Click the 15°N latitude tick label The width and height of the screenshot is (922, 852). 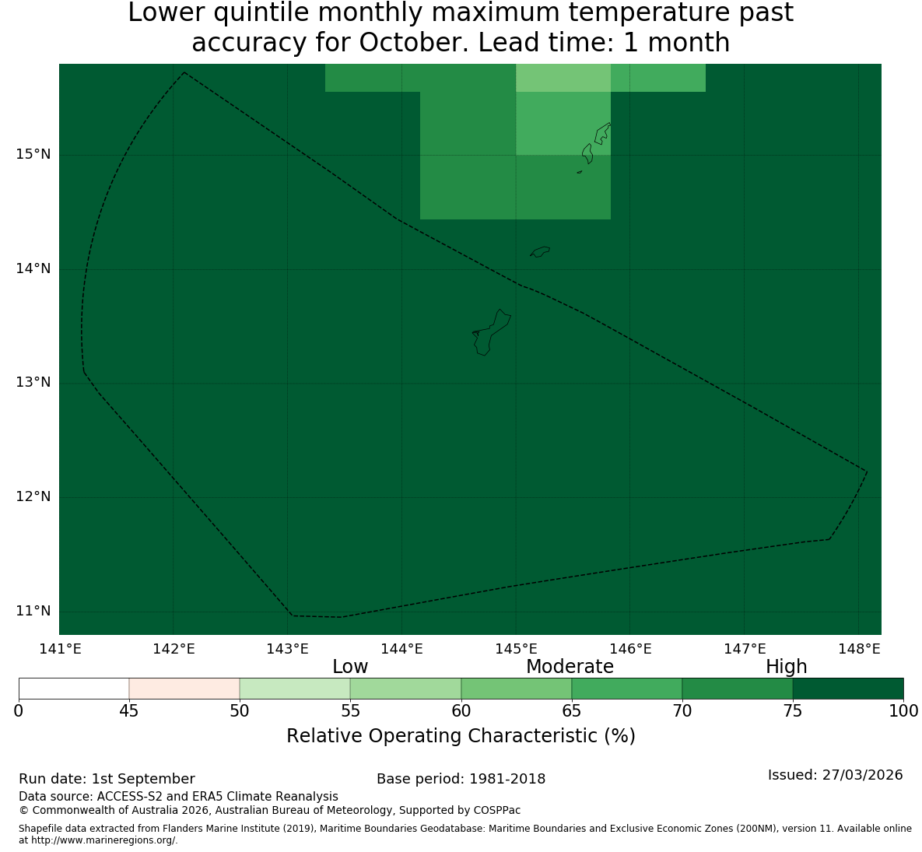[33, 155]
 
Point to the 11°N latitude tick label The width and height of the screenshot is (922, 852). [33, 611]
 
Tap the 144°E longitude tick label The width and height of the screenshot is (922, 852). [401, 649]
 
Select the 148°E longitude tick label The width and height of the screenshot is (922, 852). [859, 649]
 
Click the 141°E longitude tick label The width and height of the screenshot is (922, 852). [59, 649]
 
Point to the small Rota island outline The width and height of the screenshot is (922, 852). [540, 251]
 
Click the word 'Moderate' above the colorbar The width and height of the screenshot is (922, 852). [570, 667]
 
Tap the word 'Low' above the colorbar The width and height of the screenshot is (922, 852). [350, 667]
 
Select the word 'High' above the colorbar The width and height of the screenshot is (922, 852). [786, 667]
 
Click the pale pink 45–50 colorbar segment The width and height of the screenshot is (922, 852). [184, 689]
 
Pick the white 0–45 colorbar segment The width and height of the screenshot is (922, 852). [74, 689]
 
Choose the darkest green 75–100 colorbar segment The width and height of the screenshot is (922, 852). [848, 689]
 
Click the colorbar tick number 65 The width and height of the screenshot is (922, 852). [572, 711]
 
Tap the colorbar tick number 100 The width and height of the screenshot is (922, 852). [904, 711]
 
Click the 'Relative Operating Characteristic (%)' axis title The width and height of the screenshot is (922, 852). [461, 736]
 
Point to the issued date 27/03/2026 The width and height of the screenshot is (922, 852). [863, 775]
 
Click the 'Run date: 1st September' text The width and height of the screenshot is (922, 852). [107, 779]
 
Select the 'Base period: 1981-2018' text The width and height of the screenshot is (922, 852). [461, 779]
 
